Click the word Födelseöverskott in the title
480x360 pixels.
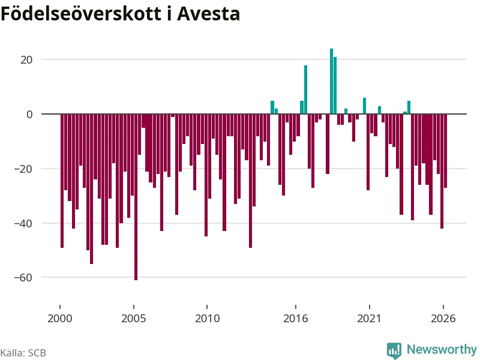(81, 13)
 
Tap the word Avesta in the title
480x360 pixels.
(208, 14)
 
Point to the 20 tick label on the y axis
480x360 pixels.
(26, 59)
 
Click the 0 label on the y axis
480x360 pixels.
(29, 114)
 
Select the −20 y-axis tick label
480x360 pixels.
(23, 169)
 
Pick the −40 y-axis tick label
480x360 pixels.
(23, 223)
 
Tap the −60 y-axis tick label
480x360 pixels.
(23, 278)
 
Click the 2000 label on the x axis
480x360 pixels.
(59, 319)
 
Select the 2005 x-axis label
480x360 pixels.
(133, 319)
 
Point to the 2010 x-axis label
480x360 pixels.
(207, 319)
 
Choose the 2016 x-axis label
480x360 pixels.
(295, 319)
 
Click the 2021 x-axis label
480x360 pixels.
(369, 319)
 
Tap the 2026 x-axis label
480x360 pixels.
(443, 319)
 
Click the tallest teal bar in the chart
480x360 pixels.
(332, 81)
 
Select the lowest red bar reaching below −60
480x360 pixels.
(136, 197)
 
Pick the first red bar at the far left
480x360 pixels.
(62, 181)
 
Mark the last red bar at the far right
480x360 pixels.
(445, 151)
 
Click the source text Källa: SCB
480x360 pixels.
(23, 353)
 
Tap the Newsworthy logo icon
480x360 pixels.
(394, 350)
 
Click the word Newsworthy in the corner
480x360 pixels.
(442, 349)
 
